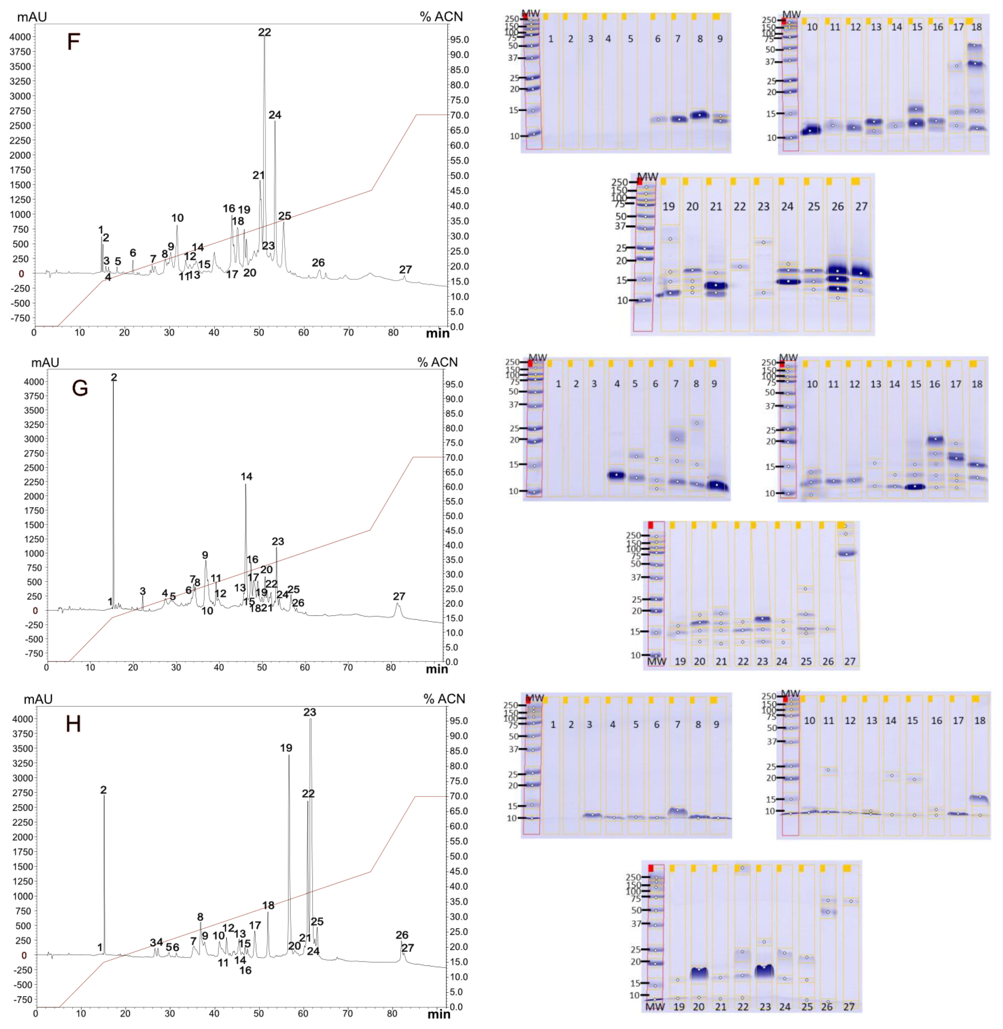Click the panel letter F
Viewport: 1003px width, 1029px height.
(73, 41)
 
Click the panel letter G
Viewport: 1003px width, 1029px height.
(80, 388)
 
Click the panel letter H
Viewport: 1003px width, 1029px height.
(73, 724)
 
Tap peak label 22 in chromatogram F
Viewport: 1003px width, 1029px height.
(264, 32)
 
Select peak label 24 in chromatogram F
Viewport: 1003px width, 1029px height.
(275, 115)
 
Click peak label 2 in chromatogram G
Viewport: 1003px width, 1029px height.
(114, 377)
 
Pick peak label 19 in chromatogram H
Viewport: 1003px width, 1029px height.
(286, 748)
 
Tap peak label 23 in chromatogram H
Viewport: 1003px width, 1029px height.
(310, 712)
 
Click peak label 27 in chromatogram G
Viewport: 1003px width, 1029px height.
(399, 596)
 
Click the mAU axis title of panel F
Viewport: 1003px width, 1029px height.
(32, 17)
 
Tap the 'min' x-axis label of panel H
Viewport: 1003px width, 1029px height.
(438, 1014)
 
